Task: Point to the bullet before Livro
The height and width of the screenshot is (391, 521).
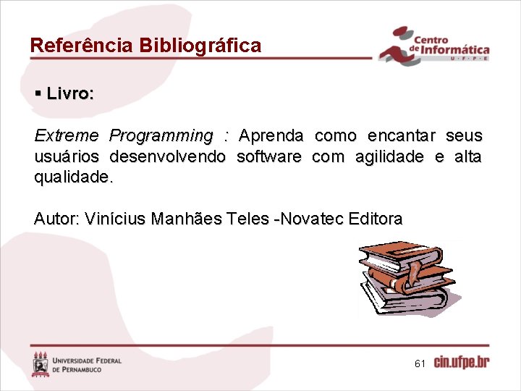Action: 38,94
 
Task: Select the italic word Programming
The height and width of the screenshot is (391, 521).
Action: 161,136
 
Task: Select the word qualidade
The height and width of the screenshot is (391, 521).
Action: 72,177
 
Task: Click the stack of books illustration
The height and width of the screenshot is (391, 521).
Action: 407,278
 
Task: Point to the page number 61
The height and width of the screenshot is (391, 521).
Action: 420,363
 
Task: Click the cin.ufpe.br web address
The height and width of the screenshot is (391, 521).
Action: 462,363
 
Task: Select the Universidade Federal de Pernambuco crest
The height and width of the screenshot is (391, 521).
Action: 41,363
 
